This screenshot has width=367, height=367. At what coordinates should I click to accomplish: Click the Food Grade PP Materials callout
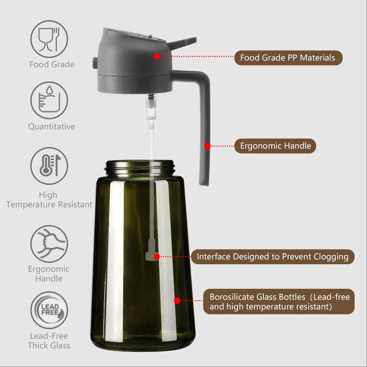(x=288, y=58)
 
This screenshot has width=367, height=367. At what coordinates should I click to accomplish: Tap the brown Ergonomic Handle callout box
(x=275, y=146)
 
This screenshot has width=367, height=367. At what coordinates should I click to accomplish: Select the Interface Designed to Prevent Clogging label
(x=272, y=257)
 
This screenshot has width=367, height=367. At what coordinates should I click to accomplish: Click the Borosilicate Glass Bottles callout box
(x=279, y=301)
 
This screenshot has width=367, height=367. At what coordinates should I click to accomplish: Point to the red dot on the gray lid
(x=157, y=56)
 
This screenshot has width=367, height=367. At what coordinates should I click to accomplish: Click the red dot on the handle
(x=207, y=146)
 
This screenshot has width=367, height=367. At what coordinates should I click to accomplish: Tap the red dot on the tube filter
(x=156, y=257)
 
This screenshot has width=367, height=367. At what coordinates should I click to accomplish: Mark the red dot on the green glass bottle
(x=177, y=301)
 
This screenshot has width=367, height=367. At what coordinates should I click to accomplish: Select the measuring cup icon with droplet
(x=49, y=100)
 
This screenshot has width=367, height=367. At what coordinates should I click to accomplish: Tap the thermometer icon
(x=49, y=166)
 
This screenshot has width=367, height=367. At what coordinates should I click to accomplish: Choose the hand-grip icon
(x=49, y=243)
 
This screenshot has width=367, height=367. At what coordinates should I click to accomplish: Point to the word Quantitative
(x=52, y=127)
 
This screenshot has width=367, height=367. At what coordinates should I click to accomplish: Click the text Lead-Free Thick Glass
(x=49, y=341)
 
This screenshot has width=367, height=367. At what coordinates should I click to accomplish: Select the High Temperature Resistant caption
(x=49, y=200)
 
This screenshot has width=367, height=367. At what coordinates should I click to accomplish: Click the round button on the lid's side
(x=95, y=63)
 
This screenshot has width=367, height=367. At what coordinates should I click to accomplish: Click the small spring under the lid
(x=151, y=97)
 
